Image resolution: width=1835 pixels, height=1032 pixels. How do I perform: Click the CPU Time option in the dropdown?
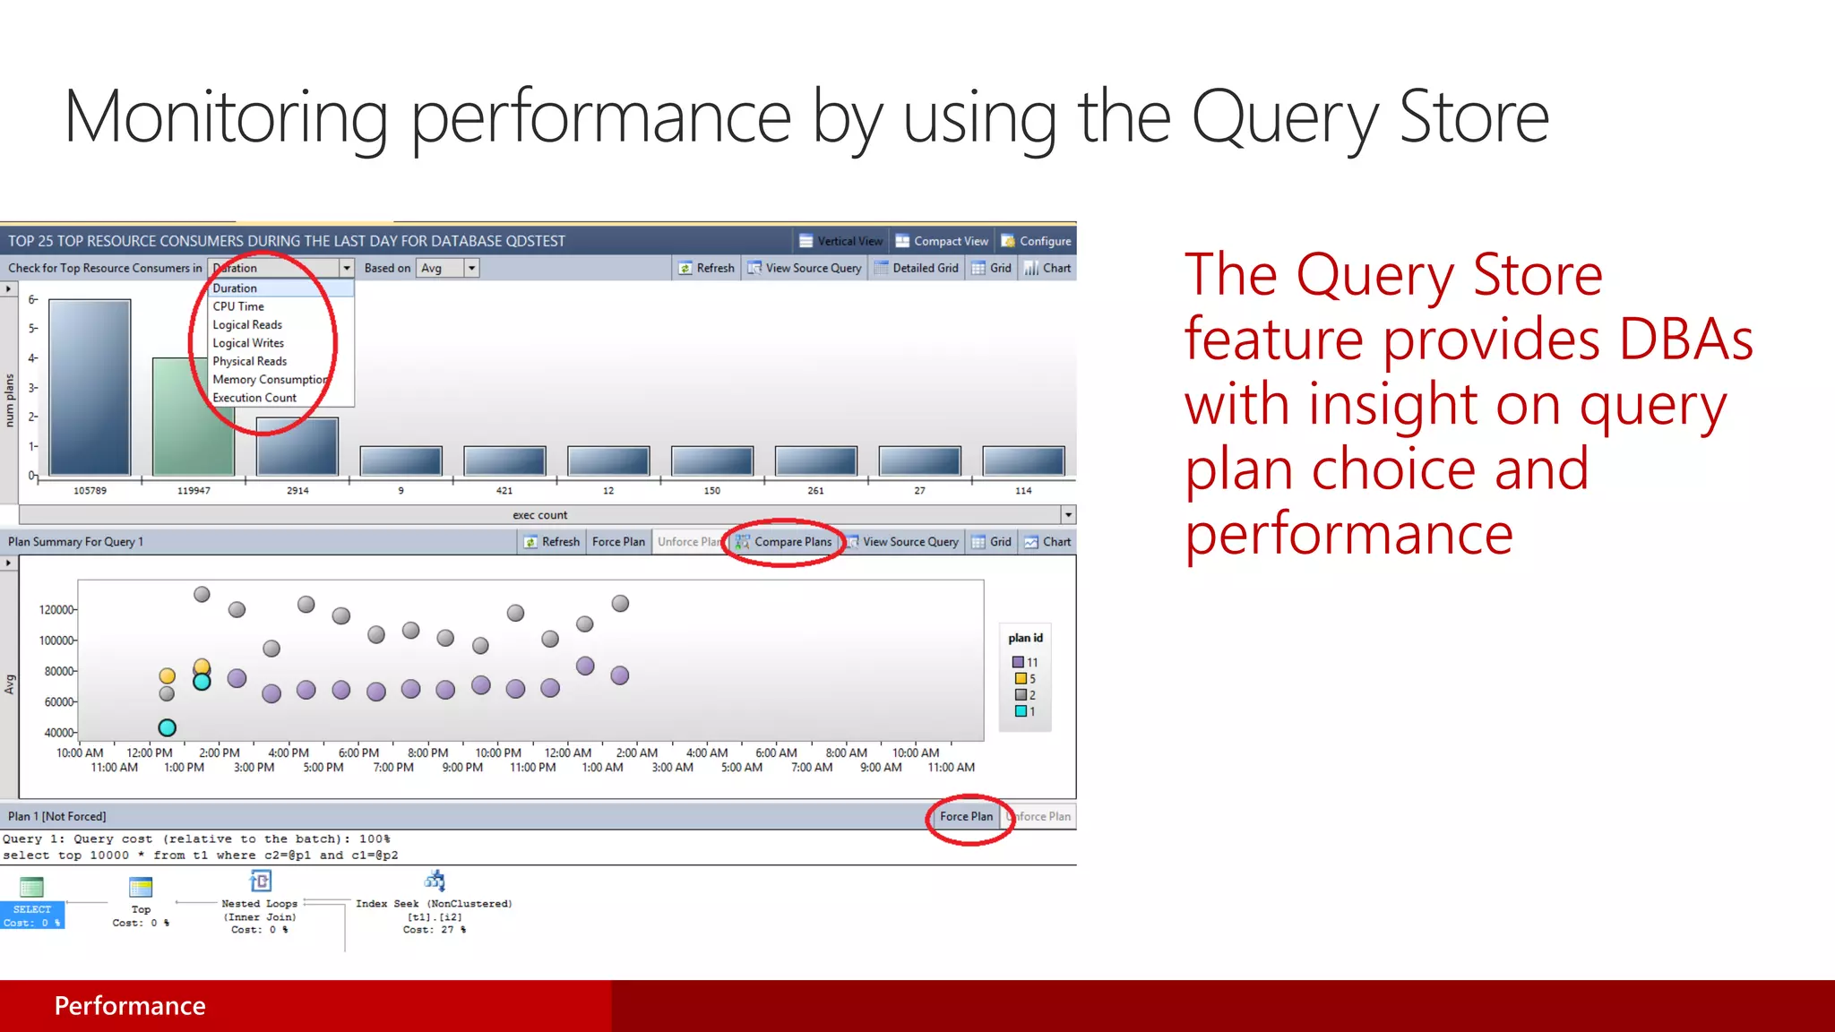pyautogui.click(x=238, y=306)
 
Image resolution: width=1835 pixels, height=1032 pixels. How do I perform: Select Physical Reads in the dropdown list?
pyautogui.click(x=249, y=361)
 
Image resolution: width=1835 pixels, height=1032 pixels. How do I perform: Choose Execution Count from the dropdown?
pyautogui.click(x=254, y=398)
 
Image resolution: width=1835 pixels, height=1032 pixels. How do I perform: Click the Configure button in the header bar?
pyautogui.click(x=1037, y=241)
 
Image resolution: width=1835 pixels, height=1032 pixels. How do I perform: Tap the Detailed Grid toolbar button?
pyautogui.click(x=917, y=268)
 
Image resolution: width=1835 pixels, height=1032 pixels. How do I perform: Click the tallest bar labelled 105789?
pyautogui.click(x=90, y=387)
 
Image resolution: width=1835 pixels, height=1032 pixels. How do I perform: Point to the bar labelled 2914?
pyautogui.click(x=297, y=446)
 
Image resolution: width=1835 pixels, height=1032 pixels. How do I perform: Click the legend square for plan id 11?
pyautogui.click(x=1018, y=662)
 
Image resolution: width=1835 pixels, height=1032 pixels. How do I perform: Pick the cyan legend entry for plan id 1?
pyautogui.click(x=1020, y=711)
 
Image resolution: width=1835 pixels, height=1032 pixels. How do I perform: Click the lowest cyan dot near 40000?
pyautogui.click(x=167, y=727)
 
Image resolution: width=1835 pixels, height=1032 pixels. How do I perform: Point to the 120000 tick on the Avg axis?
pyautogui.click(x=57, y=610)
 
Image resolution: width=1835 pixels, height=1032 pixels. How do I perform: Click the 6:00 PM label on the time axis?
pyautogui.click(x=358, y=753)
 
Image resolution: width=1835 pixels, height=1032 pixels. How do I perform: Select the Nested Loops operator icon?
pyautogui.click(x=261, y=881)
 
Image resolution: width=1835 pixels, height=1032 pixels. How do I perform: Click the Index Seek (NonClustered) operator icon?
pyautogui.click(x=435, y=881)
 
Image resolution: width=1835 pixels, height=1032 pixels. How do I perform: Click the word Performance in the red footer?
pyautogui.click(x=130, y=1006)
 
